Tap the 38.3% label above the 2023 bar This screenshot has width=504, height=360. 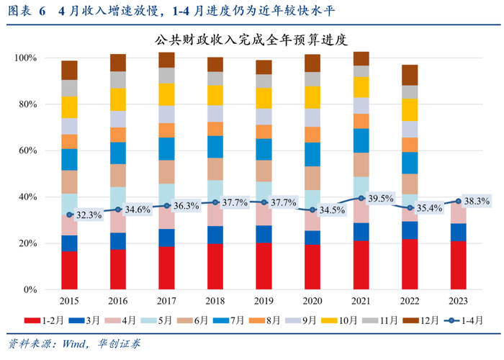coord(475,202)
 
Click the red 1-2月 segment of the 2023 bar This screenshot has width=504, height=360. coord(459,266)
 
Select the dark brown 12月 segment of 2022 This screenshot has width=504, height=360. coord(410,75)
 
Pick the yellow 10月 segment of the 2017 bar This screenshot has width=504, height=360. coord(166,94)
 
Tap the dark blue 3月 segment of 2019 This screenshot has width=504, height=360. coord(264,234)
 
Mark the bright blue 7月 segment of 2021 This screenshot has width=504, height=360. coord(361,140)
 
